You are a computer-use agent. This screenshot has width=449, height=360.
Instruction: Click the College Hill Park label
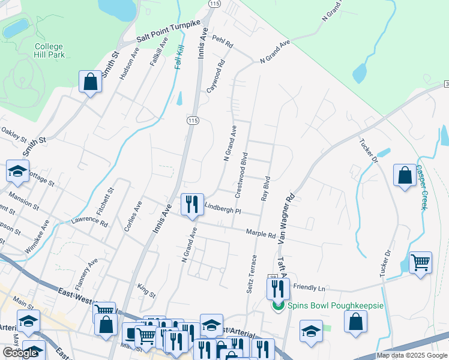tap(49, 51)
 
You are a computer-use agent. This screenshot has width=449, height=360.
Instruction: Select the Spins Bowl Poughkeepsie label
tap(335, 305)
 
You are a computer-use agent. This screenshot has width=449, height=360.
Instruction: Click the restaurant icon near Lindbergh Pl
tap(192, 204)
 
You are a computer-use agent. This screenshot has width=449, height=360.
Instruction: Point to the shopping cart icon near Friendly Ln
tap(420, 262)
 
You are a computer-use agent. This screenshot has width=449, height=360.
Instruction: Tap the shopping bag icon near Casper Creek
tap(405, 175)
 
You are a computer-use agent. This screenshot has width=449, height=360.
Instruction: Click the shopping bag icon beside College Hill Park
tap(90, 82)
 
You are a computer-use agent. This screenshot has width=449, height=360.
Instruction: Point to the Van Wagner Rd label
tap(286, 217)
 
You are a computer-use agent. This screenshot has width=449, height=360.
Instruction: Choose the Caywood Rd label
tap(215, 75)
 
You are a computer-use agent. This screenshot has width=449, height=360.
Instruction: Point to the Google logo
tap(20, 353)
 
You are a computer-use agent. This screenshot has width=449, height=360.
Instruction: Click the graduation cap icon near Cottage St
tap(18, 170)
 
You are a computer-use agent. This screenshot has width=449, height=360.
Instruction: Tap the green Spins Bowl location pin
tap(277, 305)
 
